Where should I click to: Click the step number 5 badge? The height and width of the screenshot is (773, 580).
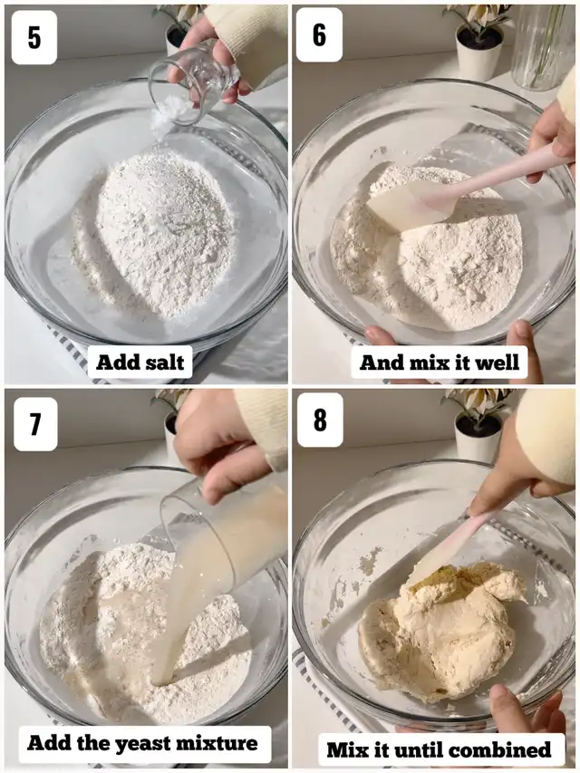point(34,37)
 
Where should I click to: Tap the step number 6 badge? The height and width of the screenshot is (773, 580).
point(319,35)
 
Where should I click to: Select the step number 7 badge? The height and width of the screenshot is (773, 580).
point(35,424)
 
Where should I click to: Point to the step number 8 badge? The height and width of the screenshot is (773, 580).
point(320,420)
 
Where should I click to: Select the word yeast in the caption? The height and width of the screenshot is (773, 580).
point(143,743)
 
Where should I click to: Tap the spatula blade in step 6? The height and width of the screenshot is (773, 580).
point(411,205)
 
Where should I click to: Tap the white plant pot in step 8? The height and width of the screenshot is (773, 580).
point(478,438)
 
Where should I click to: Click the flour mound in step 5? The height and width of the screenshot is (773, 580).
point(154,233)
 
